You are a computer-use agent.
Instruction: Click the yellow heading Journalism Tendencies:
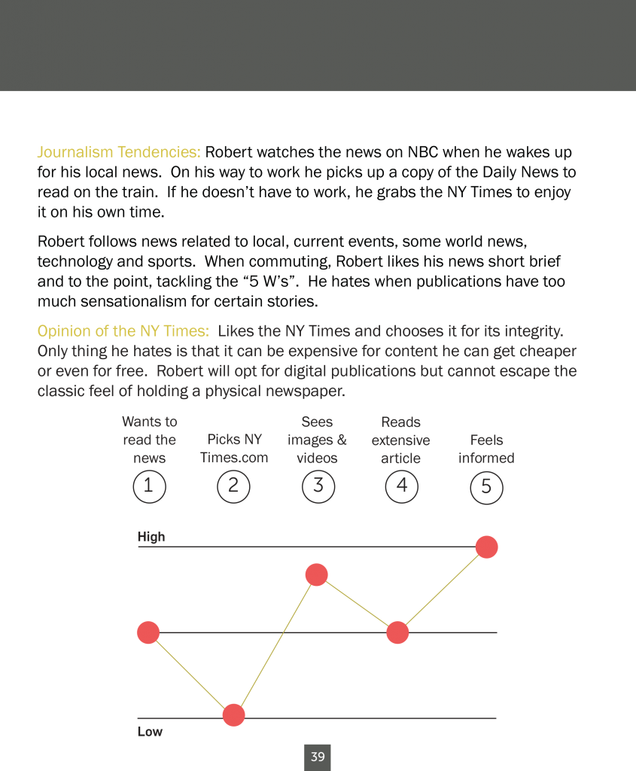119,152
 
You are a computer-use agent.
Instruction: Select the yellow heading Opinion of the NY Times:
123,331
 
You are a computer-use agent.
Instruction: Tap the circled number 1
150,486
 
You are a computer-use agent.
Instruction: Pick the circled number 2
233,486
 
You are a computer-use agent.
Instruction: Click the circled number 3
318,486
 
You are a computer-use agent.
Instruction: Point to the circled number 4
402,486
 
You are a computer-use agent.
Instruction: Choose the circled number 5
486,487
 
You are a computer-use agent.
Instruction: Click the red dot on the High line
486,547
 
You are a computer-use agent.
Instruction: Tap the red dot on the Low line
234,715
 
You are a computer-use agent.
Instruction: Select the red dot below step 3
317,574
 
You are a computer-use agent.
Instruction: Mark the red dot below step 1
148,632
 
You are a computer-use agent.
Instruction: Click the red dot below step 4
397,632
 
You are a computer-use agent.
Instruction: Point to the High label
151,536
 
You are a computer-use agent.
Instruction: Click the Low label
150,732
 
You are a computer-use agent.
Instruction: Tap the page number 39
318,757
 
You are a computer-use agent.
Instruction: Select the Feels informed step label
486,449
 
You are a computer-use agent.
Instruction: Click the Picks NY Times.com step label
234,449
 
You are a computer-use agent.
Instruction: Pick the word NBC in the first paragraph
423,152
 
